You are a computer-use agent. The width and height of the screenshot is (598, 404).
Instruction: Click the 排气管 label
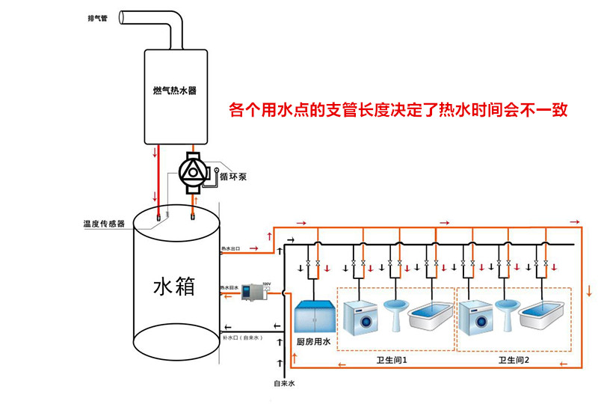coord(98,18)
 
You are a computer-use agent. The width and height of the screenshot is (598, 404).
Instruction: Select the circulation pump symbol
coord(194,171)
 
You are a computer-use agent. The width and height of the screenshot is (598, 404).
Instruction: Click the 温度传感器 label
coord(104,223)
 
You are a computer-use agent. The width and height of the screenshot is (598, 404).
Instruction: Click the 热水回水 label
coord(229,287)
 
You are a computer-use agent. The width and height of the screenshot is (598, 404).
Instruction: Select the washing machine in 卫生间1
coord(361,317)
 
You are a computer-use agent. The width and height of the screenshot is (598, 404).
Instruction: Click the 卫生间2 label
coord(514,360)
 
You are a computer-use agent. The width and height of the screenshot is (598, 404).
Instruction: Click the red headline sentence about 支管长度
coord(398,111)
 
